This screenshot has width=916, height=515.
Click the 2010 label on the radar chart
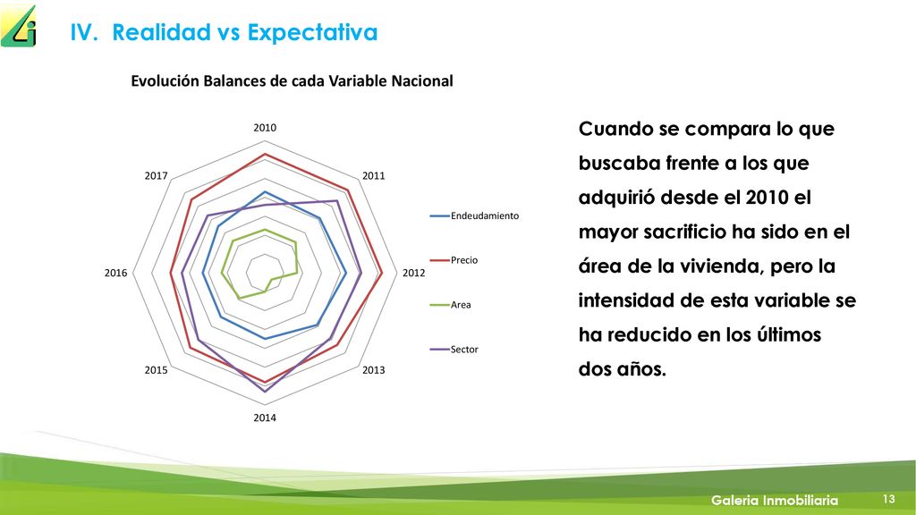pos(265,128)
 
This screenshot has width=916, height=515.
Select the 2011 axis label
pos(373,176)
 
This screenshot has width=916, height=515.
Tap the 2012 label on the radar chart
pos(413,273)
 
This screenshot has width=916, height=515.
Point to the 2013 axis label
pos(373,369)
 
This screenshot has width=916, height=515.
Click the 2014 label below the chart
pos(265,418)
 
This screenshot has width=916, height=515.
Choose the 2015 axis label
pos(156,369)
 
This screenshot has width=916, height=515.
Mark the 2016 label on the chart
pos(115,273)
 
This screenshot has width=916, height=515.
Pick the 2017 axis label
pos(156,176)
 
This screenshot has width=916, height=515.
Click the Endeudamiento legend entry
pos(474,216)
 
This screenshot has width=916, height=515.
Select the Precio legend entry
pos(454,260)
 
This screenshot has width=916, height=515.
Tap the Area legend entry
pos(451,305)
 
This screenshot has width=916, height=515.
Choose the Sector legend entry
pos(454,350)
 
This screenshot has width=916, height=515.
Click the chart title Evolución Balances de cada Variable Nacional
pos(292,80)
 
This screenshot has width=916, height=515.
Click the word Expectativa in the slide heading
pos(312,33)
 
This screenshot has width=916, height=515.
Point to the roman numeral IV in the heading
pos(83,32)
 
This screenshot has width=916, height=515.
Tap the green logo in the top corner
pos(18,26)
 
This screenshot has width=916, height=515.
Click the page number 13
pos(888,499)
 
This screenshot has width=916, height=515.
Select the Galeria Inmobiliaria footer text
pos(774,500)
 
